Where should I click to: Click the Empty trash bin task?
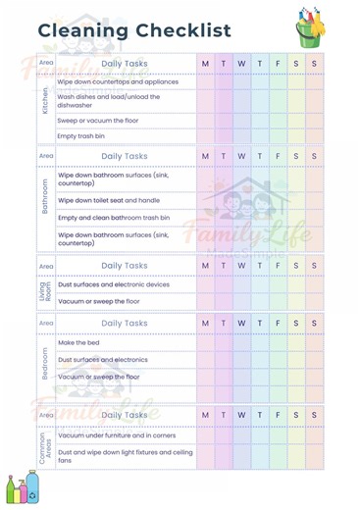tap(80, 136)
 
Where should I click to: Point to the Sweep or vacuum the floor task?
tap(97, 120)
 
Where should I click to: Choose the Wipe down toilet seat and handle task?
tap(108, 199)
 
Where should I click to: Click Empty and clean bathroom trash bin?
tap(114, 218)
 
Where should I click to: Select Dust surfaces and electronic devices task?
tap(114, 284)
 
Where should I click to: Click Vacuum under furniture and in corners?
tap(116, 434)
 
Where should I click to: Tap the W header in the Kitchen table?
tap(241, 64)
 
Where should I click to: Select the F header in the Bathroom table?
tap(278, 156)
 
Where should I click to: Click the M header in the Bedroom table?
tap(205, 323)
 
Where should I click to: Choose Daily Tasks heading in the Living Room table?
tap(125, 265)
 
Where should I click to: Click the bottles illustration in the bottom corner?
tap(24, 488)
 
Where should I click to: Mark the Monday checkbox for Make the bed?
tap(205, 342)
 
